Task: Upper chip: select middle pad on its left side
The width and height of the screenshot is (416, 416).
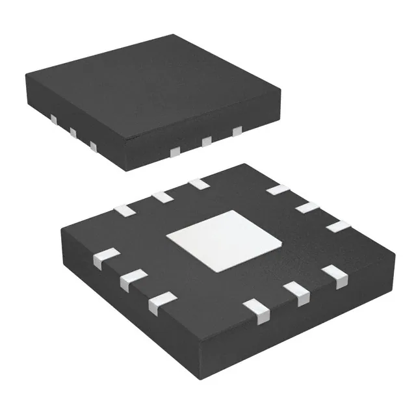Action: point(73,133)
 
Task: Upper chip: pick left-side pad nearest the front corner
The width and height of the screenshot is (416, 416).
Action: point(94,147)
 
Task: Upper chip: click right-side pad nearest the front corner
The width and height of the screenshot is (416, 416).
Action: point(174,151)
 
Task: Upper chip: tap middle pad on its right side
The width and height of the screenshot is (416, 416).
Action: point(207,140)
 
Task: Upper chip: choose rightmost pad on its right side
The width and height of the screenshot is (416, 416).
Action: point(237,131)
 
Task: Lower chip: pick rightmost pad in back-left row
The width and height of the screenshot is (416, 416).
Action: point(198,184)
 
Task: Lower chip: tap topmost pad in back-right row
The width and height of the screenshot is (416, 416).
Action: point(278,189)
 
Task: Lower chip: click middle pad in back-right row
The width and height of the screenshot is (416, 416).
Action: point(306,207)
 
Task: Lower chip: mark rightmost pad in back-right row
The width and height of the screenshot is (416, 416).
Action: point(337,226)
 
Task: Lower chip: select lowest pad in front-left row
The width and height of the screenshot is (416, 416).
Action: point(161,302)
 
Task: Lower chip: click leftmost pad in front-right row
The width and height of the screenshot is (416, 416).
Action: point(259,311)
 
